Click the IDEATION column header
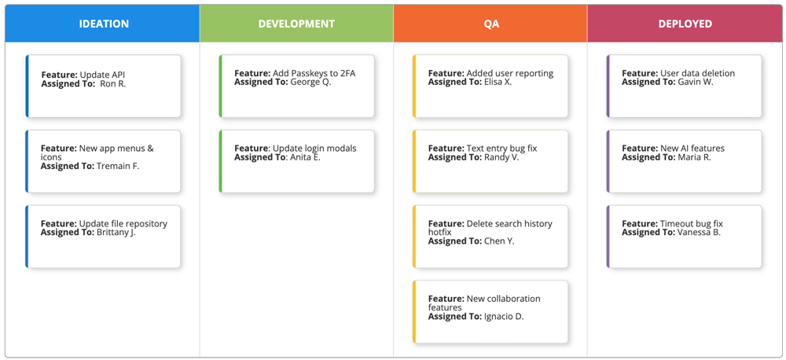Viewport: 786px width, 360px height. tap(104, 24)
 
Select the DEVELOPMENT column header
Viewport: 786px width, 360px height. tap(296, 24)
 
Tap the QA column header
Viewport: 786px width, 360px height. tap(490, 24)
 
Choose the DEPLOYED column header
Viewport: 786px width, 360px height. tap(685, 24)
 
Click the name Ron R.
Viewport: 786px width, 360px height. tap(112, 84)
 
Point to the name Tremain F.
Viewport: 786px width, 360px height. tap(118, 167)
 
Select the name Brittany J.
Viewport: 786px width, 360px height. tap(116, 233)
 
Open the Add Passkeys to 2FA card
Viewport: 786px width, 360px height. tap(297, 86)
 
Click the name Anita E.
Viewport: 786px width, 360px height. tap(305, 158)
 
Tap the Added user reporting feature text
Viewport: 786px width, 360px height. tap(509, 73)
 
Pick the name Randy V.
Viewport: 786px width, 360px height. tap(502, 158)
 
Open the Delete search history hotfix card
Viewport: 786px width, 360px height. tap(491, 237)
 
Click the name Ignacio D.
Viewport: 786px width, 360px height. tap(504, 317)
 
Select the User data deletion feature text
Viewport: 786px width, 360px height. tap(697, 73)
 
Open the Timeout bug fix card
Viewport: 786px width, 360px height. tap(685, 237)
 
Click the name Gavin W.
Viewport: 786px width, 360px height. tap(696, 83)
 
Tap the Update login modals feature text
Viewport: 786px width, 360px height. tap(314, 149)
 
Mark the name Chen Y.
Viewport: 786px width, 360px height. tap(499, 241)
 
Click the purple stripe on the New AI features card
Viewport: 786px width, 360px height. tap(608, 161)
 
